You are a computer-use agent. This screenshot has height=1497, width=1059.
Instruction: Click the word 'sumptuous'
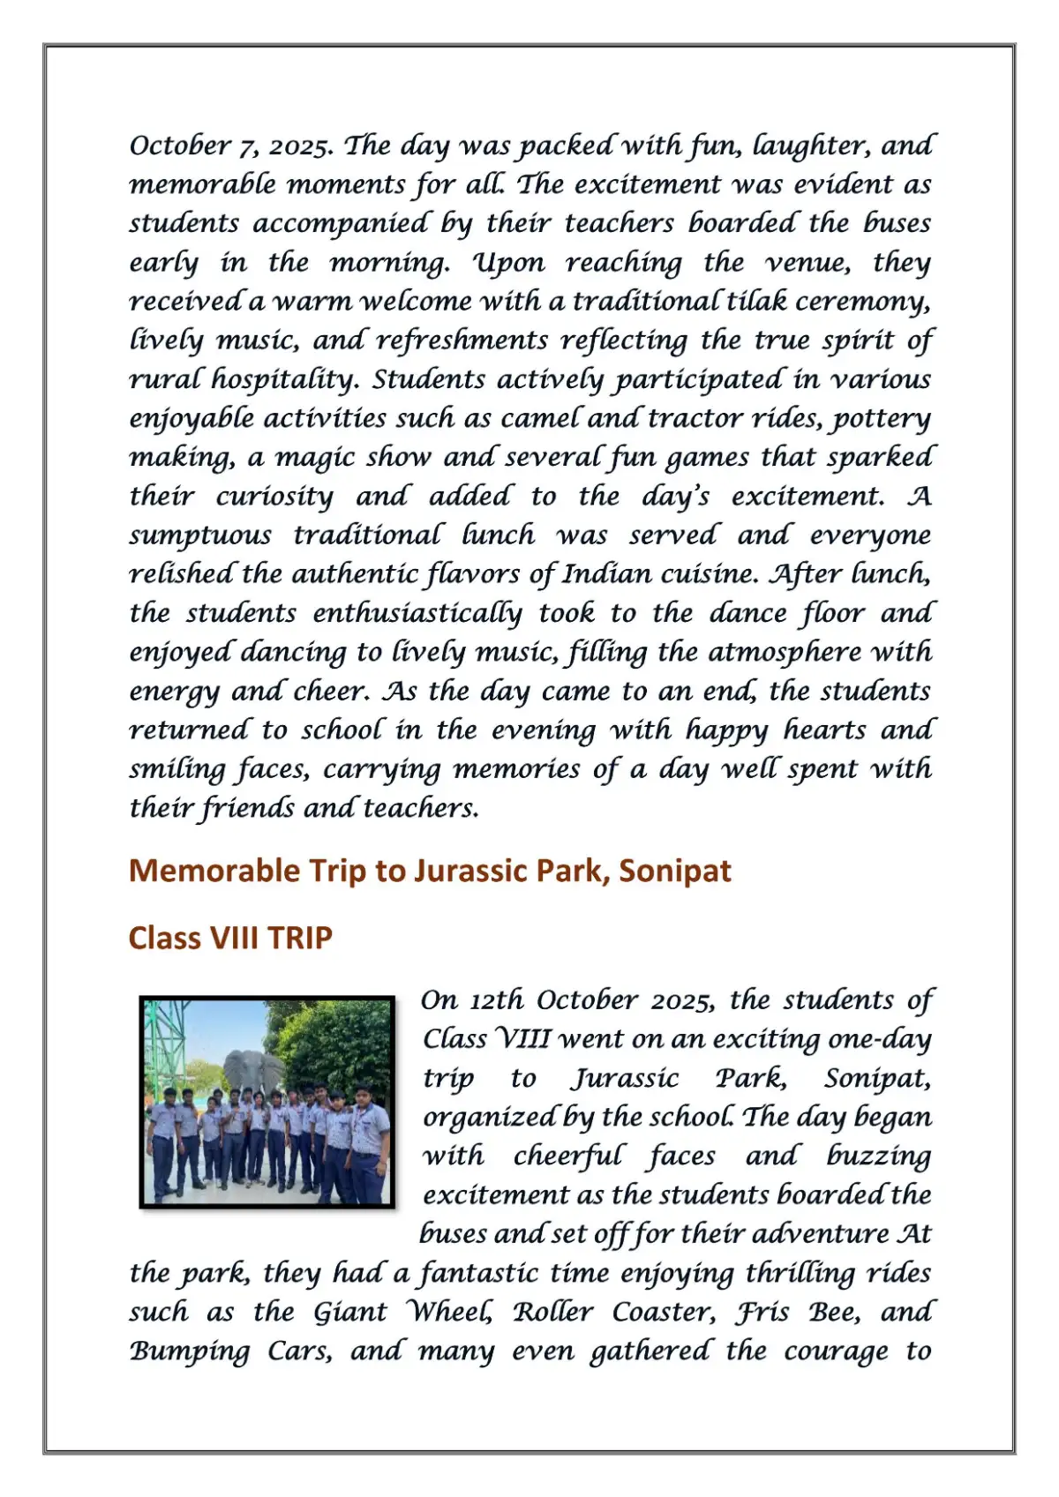coord(200,536)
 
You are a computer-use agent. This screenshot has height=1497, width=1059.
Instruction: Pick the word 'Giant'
coord(350,1312)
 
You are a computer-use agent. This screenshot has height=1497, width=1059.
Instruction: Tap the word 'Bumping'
coord(190,1351)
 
